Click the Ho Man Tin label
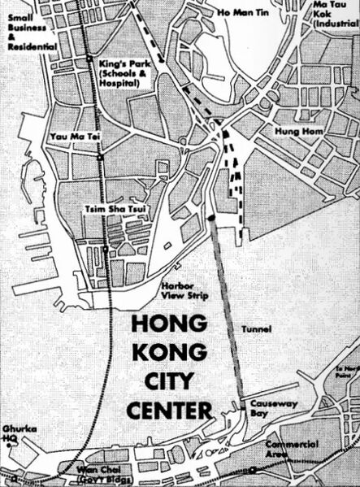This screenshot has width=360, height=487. point(242,14)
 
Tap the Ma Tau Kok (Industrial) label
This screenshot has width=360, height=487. point(334,14)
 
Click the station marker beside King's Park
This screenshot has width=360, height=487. point(88,60)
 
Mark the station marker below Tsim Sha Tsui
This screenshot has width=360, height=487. point(106,248)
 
